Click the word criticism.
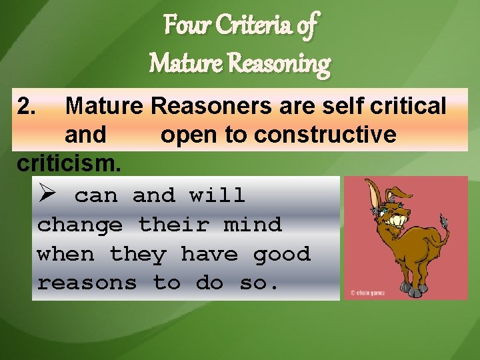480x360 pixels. (69, 163)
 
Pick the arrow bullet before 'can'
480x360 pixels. (49, 195)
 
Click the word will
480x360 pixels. (217, 195)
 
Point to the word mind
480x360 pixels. (253, 225)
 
